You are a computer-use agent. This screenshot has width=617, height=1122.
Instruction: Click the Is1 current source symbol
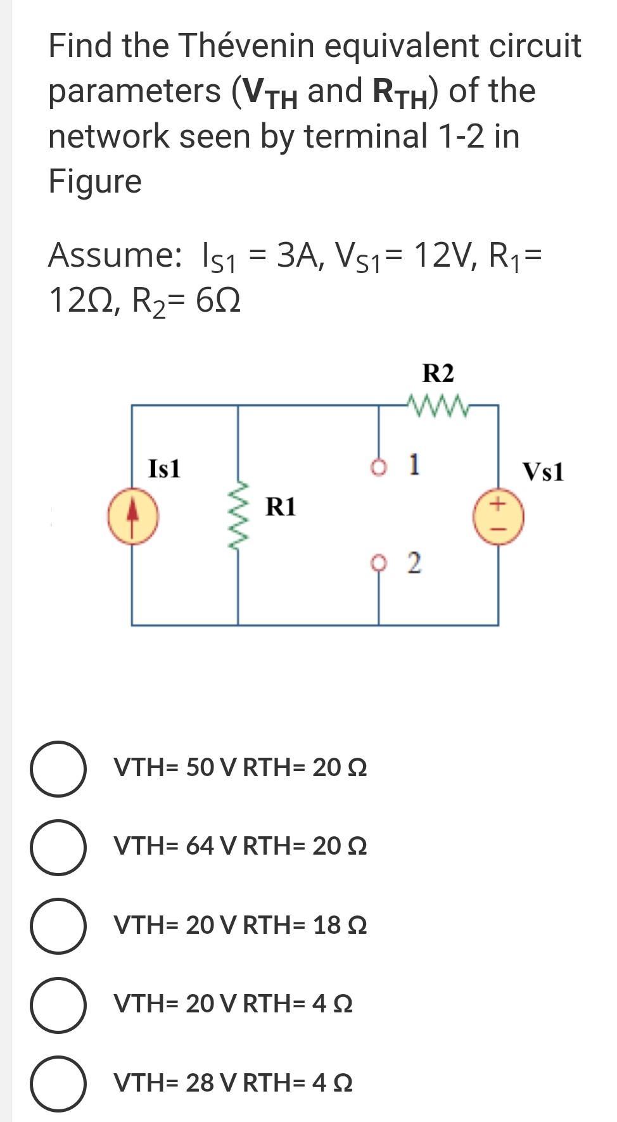(x=132, y=518)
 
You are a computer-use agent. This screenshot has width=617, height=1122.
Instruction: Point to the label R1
(x=281, y=507)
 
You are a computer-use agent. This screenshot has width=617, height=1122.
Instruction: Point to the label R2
(x=438, y=373)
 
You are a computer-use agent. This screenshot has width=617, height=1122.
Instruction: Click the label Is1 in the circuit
(x=164, y=469)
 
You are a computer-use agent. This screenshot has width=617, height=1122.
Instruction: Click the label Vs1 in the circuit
(x=543, y=472)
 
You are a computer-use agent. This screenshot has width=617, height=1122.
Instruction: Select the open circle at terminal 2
(x=379, y=561)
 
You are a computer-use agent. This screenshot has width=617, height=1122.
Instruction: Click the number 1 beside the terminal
(x=413, y=464)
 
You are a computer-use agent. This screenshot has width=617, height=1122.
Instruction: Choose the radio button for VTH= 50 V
(x=58, y=768)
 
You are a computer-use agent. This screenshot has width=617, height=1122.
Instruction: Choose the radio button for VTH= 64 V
(x=58, y=846)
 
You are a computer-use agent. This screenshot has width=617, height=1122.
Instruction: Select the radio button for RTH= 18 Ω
(x=58, y=925)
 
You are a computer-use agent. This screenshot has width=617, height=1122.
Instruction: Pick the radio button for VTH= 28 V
(x=58, y=1083)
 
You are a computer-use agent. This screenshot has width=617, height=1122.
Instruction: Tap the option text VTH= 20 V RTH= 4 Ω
(x=233, y=1004)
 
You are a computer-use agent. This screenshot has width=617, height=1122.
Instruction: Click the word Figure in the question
(x=95, y=181)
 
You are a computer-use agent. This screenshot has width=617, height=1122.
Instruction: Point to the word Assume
(x=114, y=255)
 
